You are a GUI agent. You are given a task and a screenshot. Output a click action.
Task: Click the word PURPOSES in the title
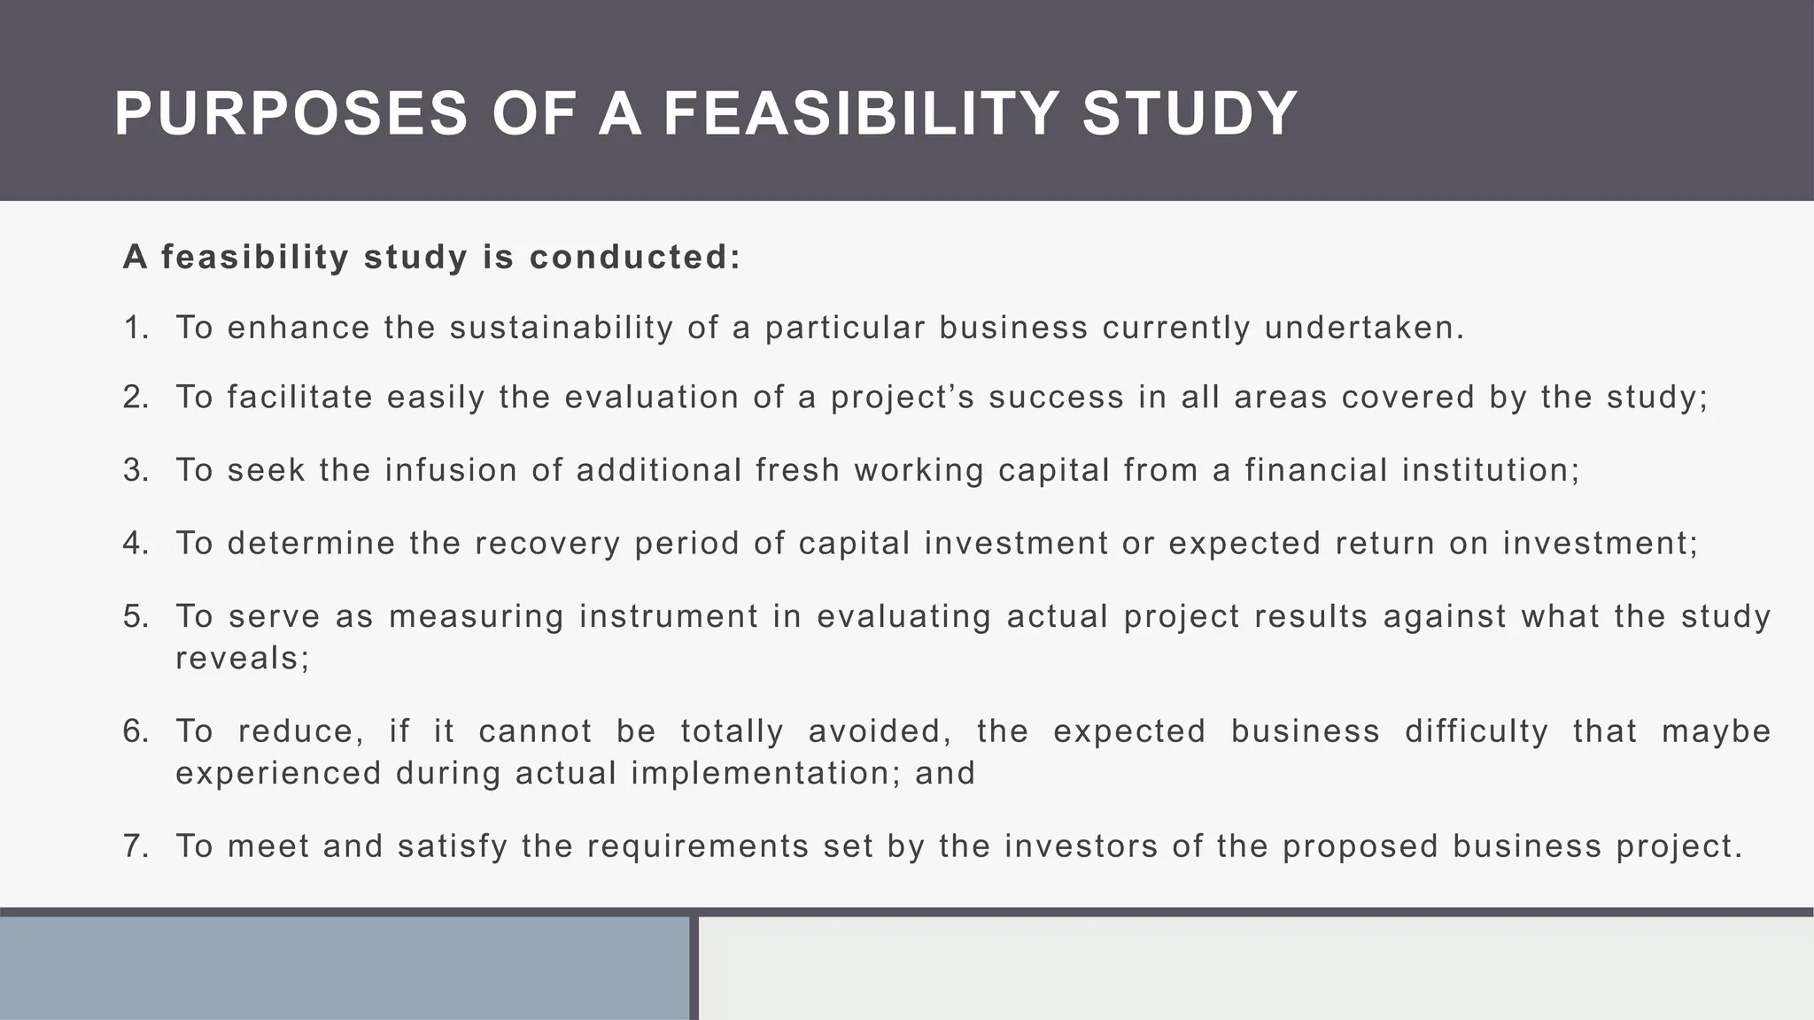click(291, 114)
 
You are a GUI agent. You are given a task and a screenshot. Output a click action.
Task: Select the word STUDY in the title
click(1190, 114)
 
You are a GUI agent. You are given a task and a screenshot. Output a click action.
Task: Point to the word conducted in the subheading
click(634, 258)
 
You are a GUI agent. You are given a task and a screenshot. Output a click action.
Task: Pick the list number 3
click(136, 470)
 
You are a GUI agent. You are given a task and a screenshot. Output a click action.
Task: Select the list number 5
click(136, 616)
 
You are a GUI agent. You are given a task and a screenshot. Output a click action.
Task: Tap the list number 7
click(136, 846)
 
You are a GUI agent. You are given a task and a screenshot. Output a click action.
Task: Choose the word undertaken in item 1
click(1364, 328)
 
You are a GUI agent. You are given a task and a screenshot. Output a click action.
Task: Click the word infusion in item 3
click(452, 470)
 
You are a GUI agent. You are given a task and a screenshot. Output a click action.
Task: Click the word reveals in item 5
click(242, 659)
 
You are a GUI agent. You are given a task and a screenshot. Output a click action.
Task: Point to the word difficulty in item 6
click(1477, 731)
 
